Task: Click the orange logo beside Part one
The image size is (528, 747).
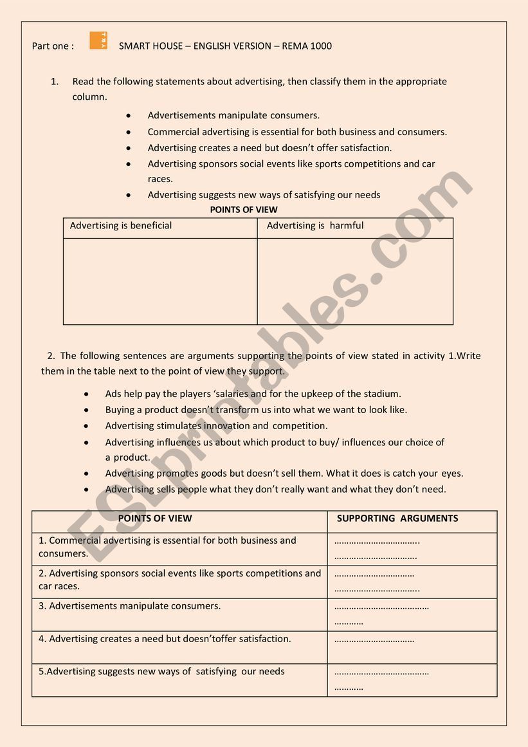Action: [x=98, y=41]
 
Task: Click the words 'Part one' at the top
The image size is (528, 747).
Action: [x=53, y=46]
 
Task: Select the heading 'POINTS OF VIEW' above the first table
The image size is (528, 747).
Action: [x=244, y=210]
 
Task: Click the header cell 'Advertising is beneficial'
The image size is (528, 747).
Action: [x=121, y=226]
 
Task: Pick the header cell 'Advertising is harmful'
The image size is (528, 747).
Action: [x=315, y=226]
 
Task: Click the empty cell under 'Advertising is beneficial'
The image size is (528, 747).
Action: [x=160, y=281]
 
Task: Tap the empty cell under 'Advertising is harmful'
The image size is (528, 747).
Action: [x=355, y=281]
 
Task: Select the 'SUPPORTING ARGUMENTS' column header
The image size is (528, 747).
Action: [x=397, y=519]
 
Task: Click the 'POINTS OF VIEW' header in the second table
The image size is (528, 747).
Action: [x=155, y=519]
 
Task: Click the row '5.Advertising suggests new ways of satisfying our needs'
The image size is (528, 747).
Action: [x=161, y=672]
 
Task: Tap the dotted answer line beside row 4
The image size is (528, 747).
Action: [x=374, y=640]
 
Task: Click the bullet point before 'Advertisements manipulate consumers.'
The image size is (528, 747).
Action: [x=129, y=116]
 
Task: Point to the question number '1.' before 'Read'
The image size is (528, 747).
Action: [x=55, y=82]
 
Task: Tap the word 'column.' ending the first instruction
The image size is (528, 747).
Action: [x=89, y=97]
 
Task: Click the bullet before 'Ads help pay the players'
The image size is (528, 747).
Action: [x=86, y=394]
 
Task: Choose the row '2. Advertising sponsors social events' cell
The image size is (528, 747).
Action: [x=179, y=580]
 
